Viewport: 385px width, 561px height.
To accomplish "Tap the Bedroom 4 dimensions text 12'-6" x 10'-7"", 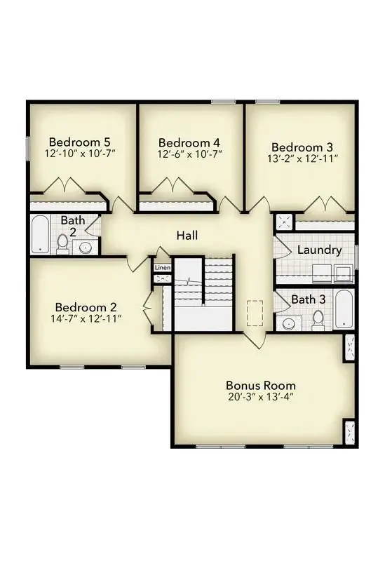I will pos(181,152).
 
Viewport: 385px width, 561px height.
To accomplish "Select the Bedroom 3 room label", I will pos(302,147).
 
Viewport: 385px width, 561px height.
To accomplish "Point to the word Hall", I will pos(187,236).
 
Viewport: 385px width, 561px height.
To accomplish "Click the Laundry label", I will pos(319,250).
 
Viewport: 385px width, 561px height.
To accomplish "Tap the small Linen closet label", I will pos(163,268).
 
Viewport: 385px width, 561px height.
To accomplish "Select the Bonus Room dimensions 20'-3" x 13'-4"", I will pos(260,398).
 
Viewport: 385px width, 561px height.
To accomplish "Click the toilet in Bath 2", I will pos(62,243).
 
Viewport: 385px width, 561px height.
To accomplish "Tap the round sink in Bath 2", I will pos(86,247).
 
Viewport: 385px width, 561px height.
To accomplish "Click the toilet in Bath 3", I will pos(318,319).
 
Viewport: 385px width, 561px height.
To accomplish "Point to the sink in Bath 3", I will pos(288,324).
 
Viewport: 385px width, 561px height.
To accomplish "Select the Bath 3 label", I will pos(308,299).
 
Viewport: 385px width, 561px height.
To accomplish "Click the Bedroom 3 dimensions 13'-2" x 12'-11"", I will pos(302,159).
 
